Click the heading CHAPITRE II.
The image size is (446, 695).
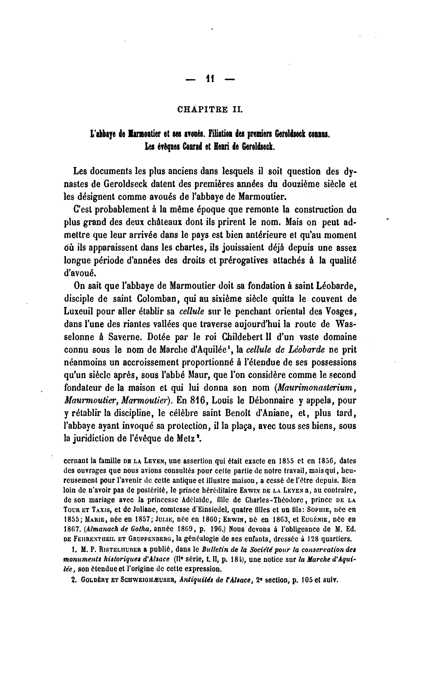[x=210, y=110]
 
